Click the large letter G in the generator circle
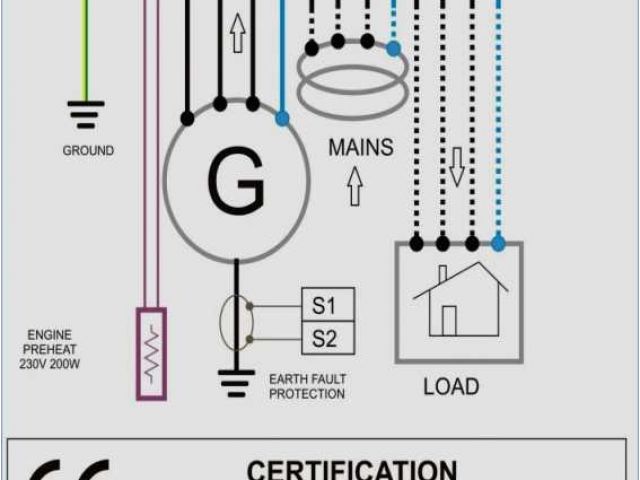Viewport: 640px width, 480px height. [x=236, y=181]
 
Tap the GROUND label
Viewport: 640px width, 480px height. [x=88, y=151]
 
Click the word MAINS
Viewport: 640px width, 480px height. [x=361, y=148]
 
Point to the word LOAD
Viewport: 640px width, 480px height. [x=451, y=386]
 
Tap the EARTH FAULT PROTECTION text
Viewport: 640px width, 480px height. [x=307, y=387]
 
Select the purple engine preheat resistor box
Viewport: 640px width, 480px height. [x=152, y=353]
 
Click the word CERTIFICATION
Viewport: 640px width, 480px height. [x=351, y=469]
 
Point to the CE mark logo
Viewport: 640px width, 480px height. [x=70, y=471]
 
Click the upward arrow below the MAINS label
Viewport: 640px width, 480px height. [x=354, y=187]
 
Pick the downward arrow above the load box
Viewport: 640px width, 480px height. [x=457, y=167]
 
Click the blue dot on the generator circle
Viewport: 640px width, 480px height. [x=282, y=118]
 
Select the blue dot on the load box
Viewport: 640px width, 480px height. [x=498, y=242]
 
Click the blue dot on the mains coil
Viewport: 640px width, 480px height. [x=394, y=47]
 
